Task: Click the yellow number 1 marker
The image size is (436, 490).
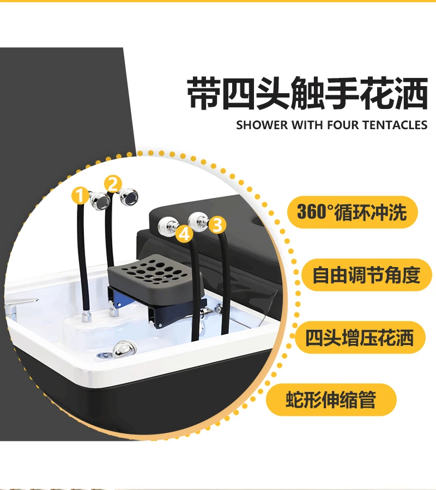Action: [81, 195]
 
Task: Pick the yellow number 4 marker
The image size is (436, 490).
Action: [185, 234]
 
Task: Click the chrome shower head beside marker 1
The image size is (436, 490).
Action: [100, 200]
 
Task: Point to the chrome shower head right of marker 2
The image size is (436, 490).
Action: [130, 196]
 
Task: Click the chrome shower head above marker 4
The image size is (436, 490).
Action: [166, 226]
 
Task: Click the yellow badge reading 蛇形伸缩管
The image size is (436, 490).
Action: [331, 400]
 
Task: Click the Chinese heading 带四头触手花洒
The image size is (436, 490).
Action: [307, 93]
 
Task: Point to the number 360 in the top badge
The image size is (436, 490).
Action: [311, 212]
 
